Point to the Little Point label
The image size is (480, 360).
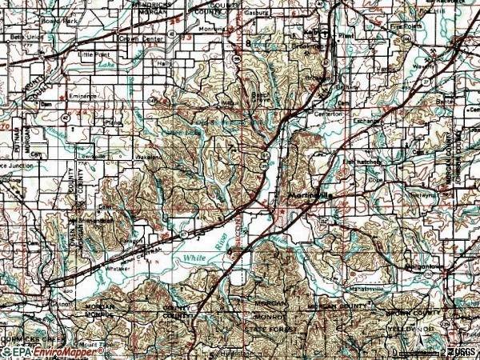coord(97,54)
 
